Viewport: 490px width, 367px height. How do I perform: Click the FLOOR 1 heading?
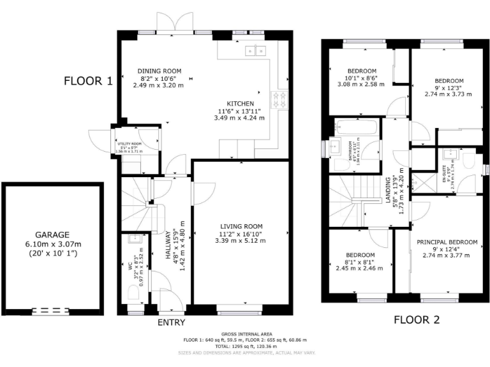click(88, 81)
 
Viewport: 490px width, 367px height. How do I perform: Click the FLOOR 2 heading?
click(416, 320)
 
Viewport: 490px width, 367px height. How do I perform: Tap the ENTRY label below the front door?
click(172, 322)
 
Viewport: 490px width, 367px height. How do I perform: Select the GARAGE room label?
click(52, 234)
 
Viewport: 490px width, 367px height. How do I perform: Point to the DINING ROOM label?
click(160, 71)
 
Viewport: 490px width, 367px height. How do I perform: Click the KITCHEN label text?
click(241, 104)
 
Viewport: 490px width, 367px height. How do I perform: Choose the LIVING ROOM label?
click(241, 226)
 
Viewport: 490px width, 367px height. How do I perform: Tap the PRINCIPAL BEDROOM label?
click(447, 242)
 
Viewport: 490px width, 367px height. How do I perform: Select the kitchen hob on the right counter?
click(279, 99)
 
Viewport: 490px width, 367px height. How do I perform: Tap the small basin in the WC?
click(134, 239)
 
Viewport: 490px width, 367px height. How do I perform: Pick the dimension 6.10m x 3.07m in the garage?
click(52, 244)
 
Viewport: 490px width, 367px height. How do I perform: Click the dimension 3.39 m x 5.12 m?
click(241, 240)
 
